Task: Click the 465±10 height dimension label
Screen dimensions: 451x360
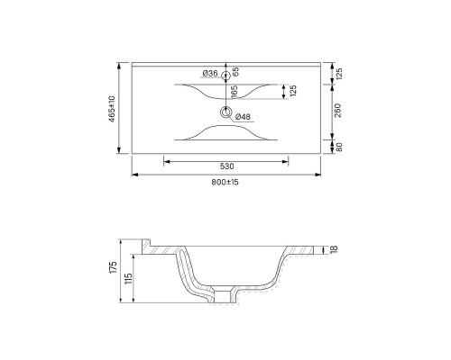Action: [x=112, y=109]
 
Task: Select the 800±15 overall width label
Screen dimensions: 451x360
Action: [x=225, y=182]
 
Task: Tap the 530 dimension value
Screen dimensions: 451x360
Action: [x=226, y=166]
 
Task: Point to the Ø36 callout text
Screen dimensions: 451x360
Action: [x=210, y=73]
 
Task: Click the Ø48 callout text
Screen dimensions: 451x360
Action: [x=243, y=117]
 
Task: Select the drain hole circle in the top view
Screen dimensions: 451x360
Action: [x=225, y=112]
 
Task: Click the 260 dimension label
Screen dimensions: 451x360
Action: [x=338, y=111]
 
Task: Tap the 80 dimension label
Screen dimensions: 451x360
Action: [x=339, y=147]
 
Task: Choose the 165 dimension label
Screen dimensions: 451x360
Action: [x=235, y=92]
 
